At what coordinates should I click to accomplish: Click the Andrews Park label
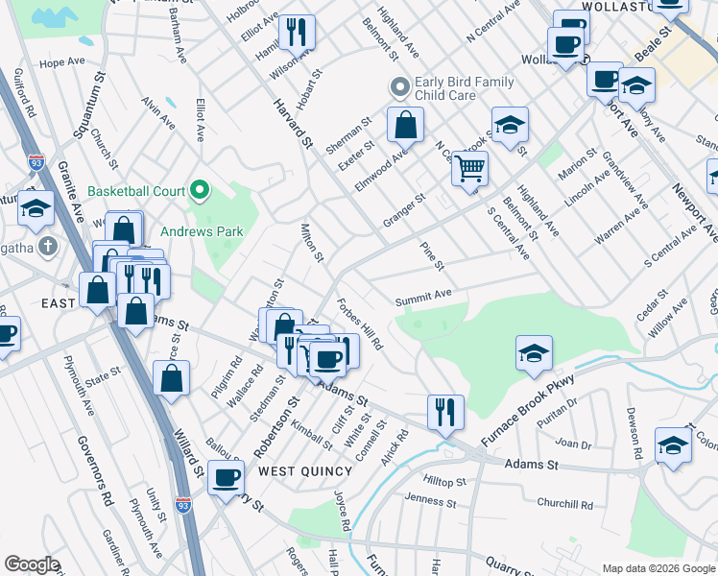coord(188,231)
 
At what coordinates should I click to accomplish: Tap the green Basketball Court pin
coord(201,191)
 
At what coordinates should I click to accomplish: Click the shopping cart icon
coord(469,169)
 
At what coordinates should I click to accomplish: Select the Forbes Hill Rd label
coord(360,324)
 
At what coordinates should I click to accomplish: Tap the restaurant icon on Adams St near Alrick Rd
coord(445,412)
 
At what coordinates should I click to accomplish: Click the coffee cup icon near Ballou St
coord(227,478)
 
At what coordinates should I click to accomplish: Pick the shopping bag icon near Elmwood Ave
coord(406,124)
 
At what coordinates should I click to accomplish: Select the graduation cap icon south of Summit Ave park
coord(534,353)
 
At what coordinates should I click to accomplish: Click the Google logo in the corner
coord(31,564)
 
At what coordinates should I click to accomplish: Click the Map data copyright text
coord(659,568)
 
